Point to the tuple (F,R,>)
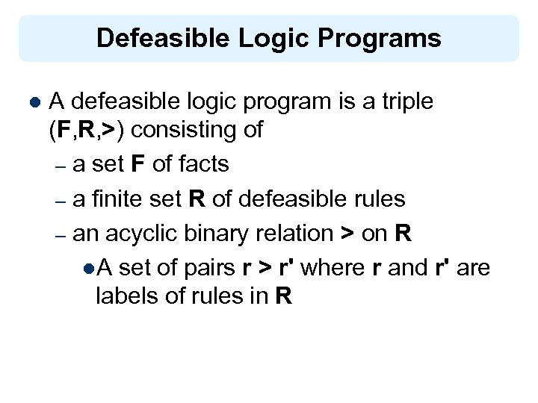87,130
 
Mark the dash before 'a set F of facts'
61,166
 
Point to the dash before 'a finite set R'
61,200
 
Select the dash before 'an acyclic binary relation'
61,234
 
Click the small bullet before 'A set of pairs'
89,268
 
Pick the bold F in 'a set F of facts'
138,164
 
